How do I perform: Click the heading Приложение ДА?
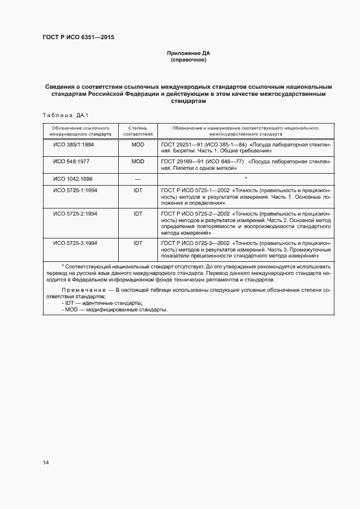tap(188, 53)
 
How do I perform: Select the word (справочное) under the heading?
tap(188, 60)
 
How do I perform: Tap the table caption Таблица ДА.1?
tap(65, 115)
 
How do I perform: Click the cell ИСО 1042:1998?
tap(72, 179)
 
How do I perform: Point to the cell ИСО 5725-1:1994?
tap(74, 191)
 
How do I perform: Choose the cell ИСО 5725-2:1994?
tap(74, 214)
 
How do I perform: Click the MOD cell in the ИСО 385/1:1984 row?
tap(137, 146)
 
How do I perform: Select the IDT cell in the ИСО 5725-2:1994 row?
tap(137, 214)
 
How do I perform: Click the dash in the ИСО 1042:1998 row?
tap(137, 179)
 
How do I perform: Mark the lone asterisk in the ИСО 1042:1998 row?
tap(246, 179)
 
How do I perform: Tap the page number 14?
tap(46, 463)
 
